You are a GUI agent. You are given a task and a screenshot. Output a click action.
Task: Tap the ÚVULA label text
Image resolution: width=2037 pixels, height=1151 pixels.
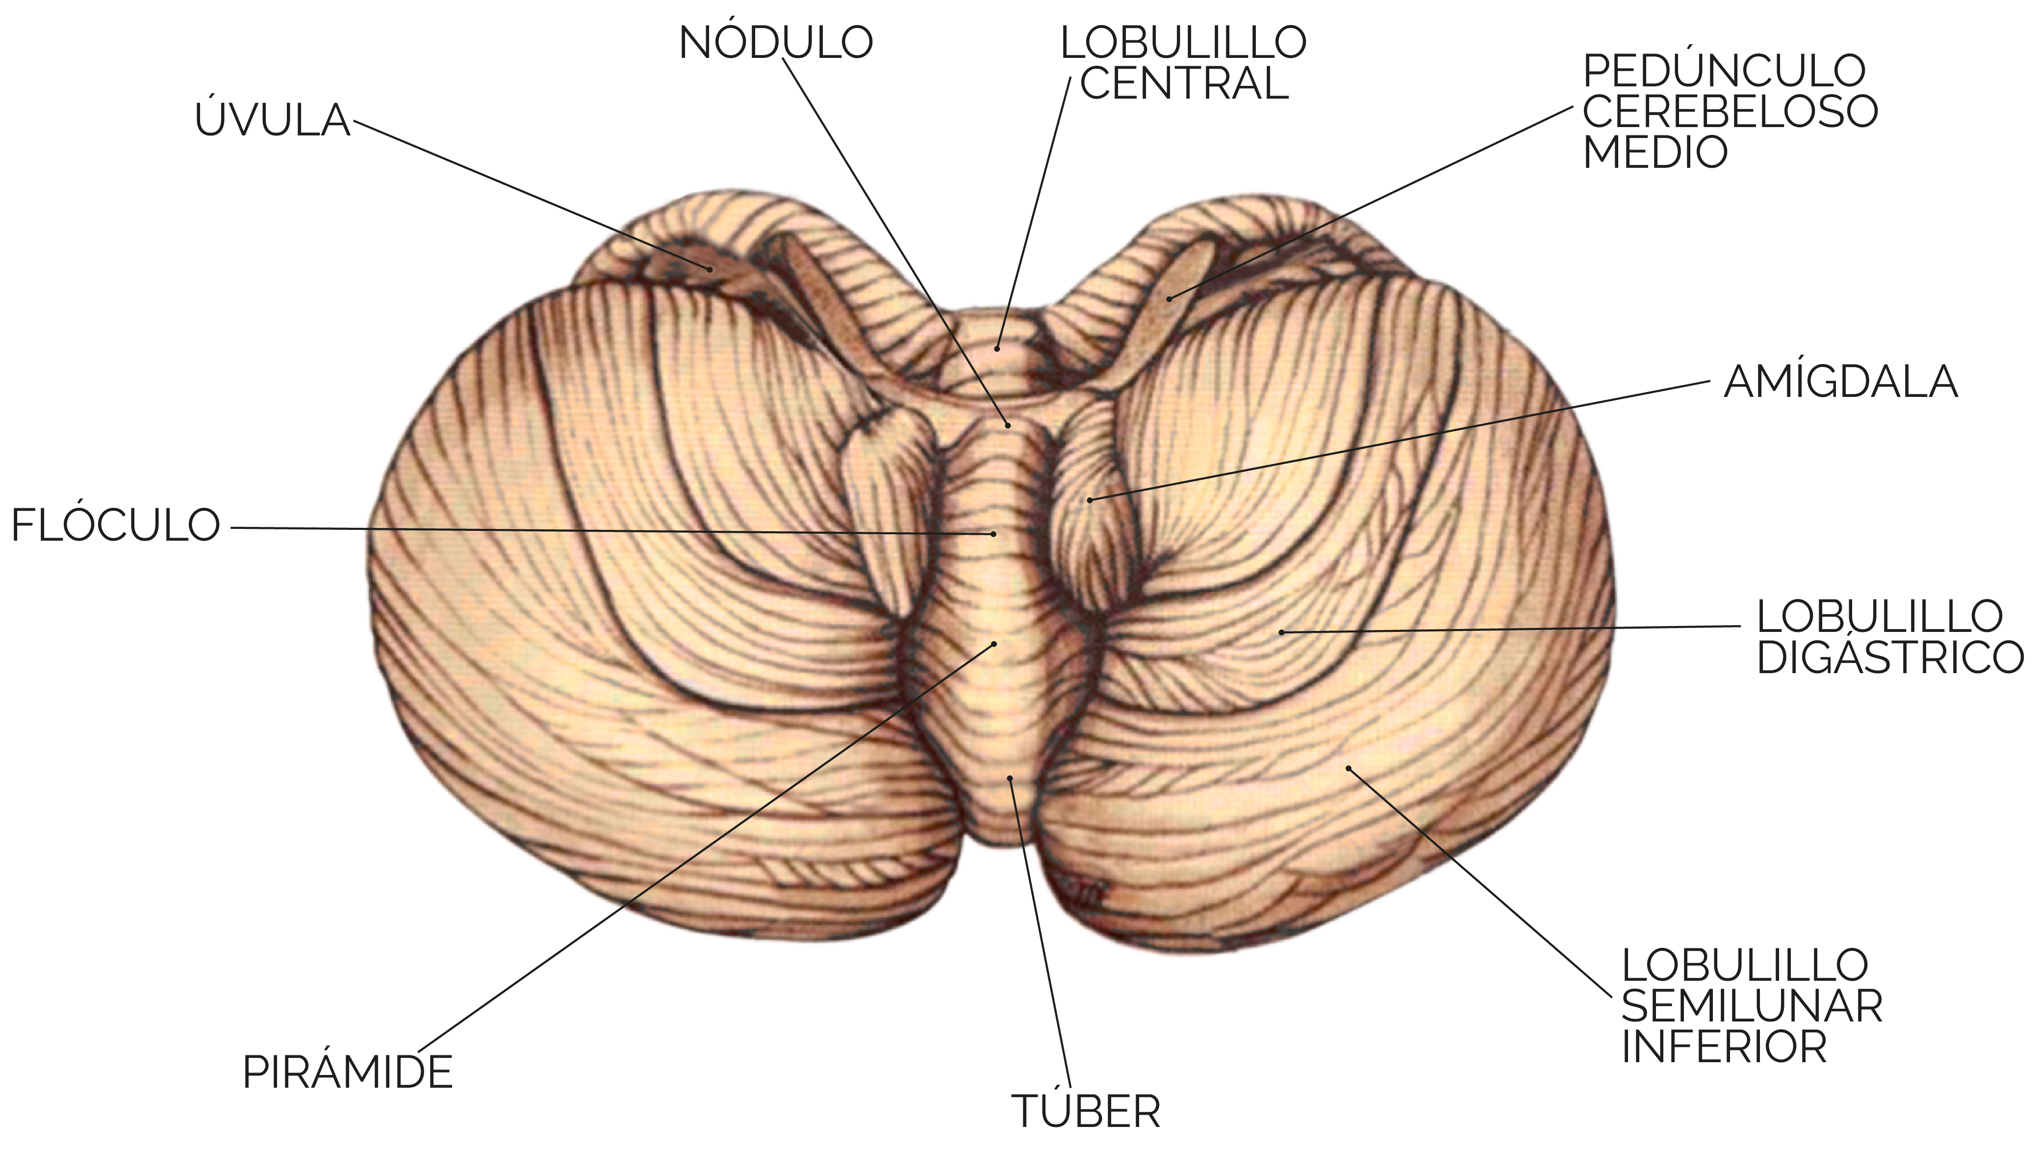coord(272,120)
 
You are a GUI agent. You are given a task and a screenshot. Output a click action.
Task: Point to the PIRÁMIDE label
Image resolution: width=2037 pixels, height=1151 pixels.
coord(347,1072)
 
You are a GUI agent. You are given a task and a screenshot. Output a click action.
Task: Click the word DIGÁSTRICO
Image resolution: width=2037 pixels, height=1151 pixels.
coord(1889,657)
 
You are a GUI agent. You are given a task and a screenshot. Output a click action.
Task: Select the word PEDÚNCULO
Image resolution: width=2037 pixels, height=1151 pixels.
coord(1724,71)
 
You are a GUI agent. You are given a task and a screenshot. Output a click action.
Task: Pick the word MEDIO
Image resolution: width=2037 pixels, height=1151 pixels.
coord(1655,152)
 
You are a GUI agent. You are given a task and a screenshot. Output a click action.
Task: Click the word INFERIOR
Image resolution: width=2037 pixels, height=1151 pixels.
coord(1724,1046)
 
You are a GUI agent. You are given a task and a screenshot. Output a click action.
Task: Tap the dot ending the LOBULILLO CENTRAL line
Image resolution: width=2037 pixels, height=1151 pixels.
coord(998,348)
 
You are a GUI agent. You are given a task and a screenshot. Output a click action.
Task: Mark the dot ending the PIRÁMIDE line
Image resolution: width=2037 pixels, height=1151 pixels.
coord(994,644)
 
